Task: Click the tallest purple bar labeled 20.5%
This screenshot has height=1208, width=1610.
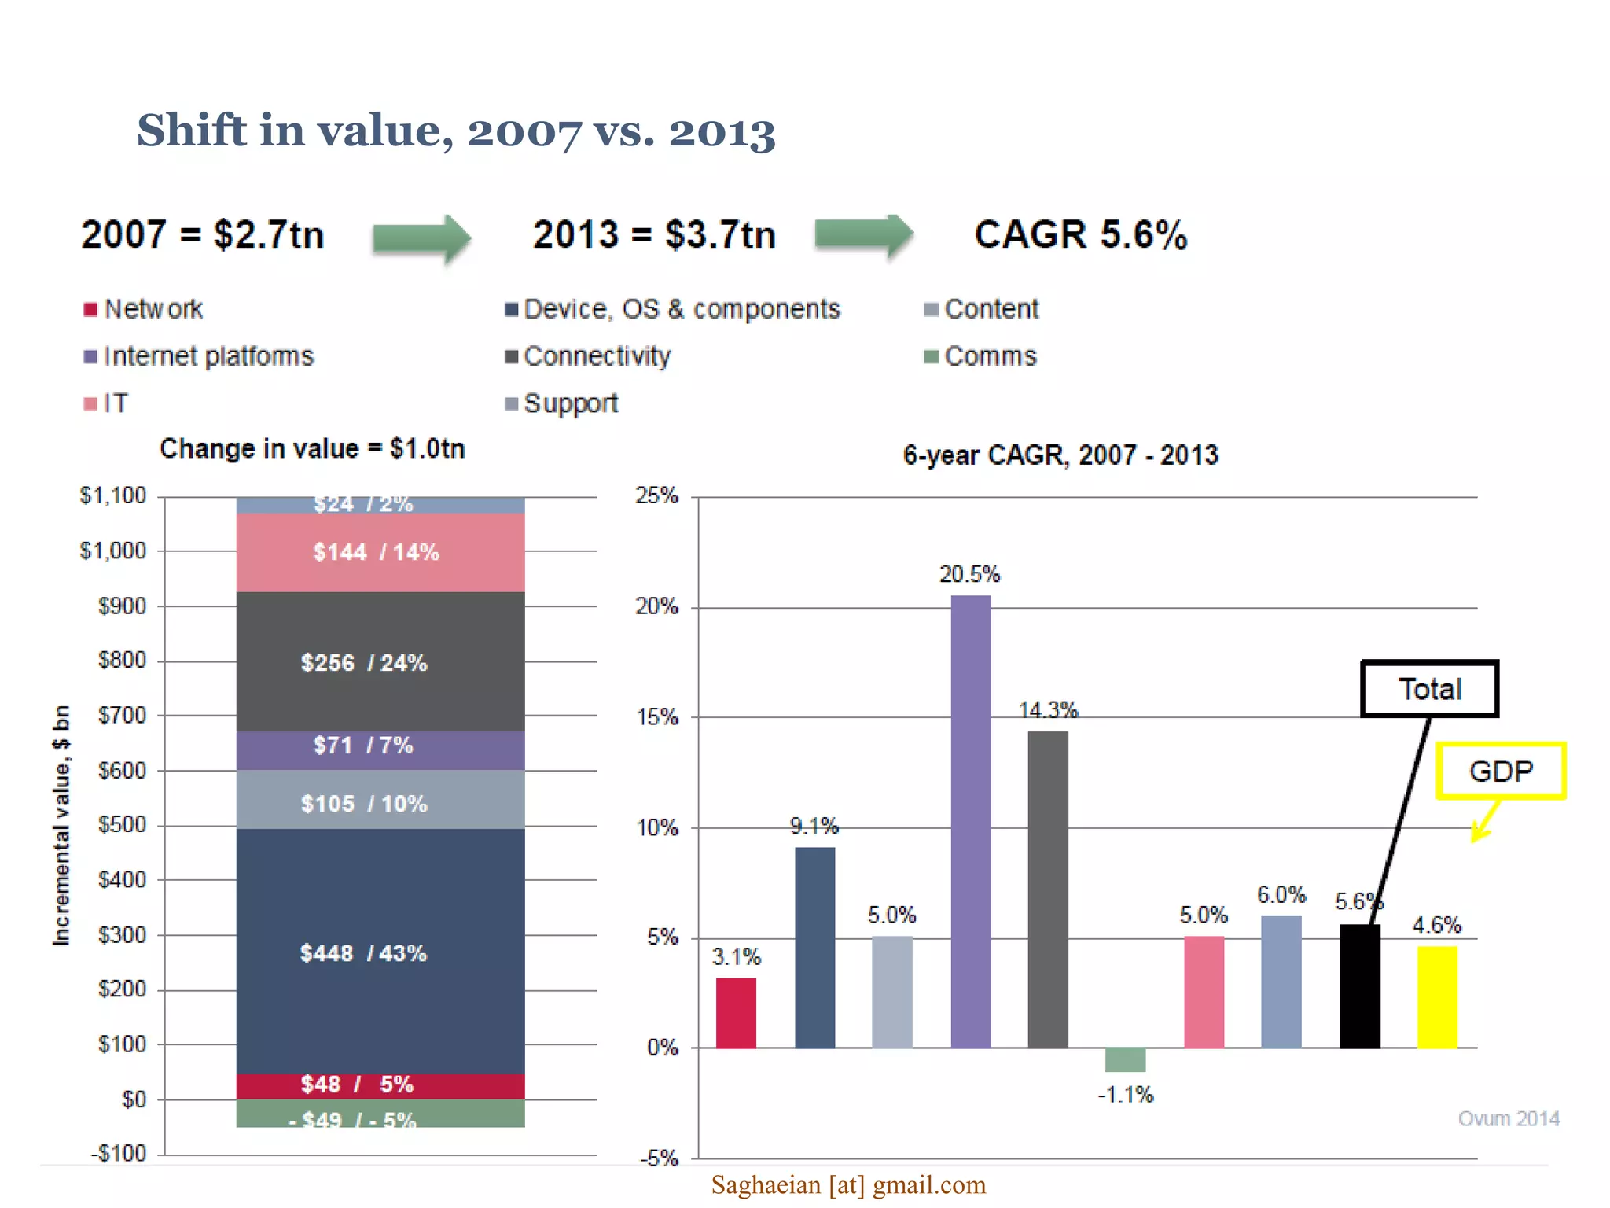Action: click(x=970, y=822)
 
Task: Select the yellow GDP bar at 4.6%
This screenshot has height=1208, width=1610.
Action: click(x=1436, y=997)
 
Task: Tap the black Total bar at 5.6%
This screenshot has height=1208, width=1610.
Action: click(x=1359, y=987)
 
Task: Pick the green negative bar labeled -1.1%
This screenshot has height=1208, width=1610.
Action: click(x=1125, y=1059)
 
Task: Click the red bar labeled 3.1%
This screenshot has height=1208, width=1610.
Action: click(x=736, y=1013)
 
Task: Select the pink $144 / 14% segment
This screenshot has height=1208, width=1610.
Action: click(x=380, y=552)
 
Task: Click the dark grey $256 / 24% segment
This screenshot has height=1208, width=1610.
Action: click(x=380, y=662)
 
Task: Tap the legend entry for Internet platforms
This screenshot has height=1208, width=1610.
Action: click(x=208, y=356)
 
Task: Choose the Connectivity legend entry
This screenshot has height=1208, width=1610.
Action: click(x=596, y=356)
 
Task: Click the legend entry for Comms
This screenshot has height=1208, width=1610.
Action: click(x=990, y=356)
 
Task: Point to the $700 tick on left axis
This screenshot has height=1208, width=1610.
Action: click(x=122, y=716)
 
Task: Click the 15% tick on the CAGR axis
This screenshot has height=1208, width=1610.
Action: click(x=657, y=717)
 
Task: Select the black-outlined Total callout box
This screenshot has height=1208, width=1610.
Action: click(x=1429, y=689)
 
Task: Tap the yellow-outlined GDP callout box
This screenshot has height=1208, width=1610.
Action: click(x=1501, y=771)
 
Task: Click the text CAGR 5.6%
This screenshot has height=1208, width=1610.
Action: click(x=1080, y=234)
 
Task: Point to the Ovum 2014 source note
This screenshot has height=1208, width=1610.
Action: click(x=1508, y=1118)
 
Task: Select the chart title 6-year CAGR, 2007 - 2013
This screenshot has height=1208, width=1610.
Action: click(x=1060, y=455)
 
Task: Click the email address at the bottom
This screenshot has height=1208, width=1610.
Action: click(x=848, y=1184)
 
